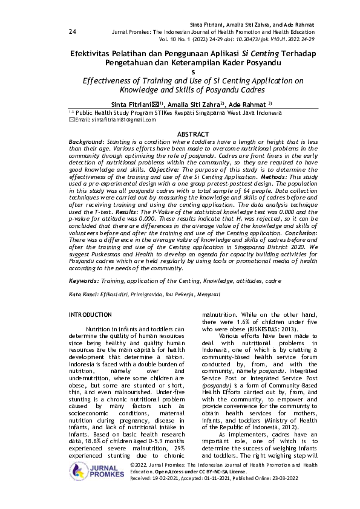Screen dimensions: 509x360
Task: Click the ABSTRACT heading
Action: pos(192,134)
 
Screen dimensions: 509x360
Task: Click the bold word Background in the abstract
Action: pos(86,140)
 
